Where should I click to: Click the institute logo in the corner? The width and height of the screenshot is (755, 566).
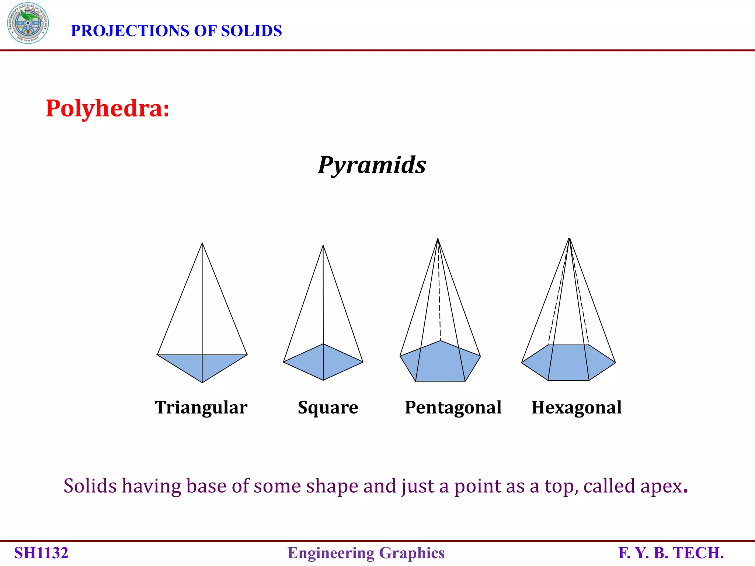pyautogui.click(x=28, y=23)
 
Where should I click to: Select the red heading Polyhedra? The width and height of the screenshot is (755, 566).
pyautogui.click(x=107, y=109)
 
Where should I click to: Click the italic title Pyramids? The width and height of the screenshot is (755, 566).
pyautogui.click(x=372, y=165)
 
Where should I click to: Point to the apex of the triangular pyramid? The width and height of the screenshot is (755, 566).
pyautogui.click(x=202, y=244)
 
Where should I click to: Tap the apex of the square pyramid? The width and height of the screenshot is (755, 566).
pyautogui.click(x=323, y=246)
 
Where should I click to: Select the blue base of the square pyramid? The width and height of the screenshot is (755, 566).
pyautogui.click(x=323, y=362)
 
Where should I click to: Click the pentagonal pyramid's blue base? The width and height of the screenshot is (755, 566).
pyautogui.click(x=440, y=363)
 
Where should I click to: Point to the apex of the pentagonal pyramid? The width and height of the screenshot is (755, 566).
pyautogui.click(x=438, y=239)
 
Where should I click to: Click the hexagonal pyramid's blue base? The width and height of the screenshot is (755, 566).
pyautogui.click(x=568, y=363)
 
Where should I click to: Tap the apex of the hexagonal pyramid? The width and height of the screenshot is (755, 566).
pyautogui.click(x=569, y=238)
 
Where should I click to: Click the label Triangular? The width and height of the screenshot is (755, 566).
pyautogui.click(x=201, y=408)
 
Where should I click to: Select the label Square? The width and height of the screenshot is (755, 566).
pyautogui.click(x=328, y=408)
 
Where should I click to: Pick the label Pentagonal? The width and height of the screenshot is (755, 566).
pyautogui.click(x=453, y=408)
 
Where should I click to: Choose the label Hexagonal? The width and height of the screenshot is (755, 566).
pyautogui.click(x=576, y=408)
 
